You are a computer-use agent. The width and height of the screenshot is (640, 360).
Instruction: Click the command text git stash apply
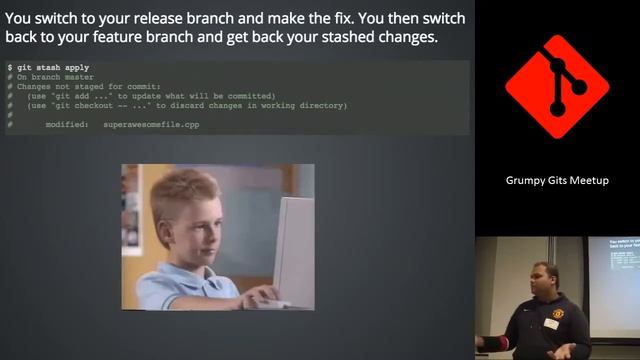point(55,67)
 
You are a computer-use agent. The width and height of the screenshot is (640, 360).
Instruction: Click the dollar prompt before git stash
point(10,67)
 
